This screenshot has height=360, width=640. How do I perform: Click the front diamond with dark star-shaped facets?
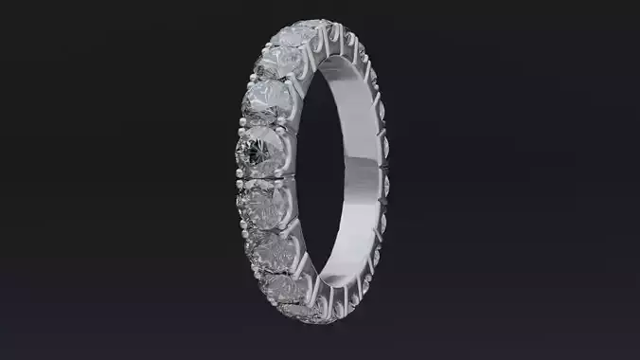pos(260,148)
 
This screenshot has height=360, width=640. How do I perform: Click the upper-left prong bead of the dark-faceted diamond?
pos(238,128)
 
